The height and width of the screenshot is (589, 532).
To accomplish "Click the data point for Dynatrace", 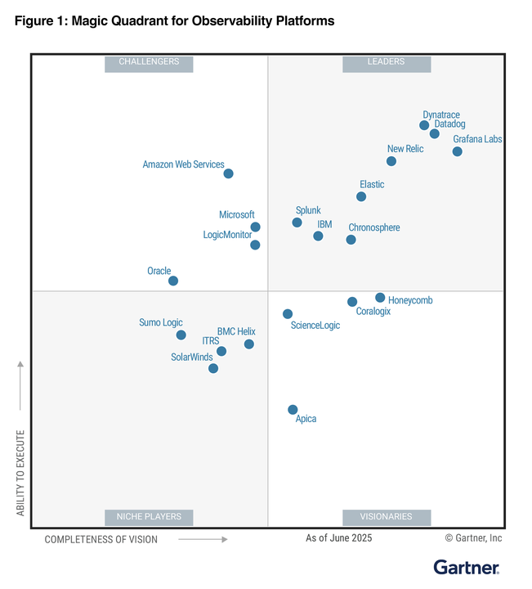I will pyautogui.click(x=424, y=125).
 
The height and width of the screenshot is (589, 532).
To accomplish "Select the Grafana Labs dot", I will pyautogui.click(x=457, y=151).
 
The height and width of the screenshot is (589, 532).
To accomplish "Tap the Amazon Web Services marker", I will pyautogui.click(x=228, y=173).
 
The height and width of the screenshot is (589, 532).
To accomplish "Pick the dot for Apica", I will pyautogui.click(x=293, y=409).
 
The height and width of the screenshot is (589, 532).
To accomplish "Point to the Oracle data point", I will pyautogui.click(x=173, y=281).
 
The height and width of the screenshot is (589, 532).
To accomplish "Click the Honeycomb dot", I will pyautogui.click(x=380, y=298).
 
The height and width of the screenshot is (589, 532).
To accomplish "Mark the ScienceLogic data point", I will pyautogui.click(x=288, y=313).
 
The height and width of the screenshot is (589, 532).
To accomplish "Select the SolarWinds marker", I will pyautogui.click(x=213, y=368).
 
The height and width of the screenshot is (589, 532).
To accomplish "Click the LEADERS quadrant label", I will pyautogui.click(x=386, y=62).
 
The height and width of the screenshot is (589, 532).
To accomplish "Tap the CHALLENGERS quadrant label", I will pyautogui.click(x=149, y=62).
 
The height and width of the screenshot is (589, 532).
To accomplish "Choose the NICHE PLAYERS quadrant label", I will pyautogui.click(x=149, y=517).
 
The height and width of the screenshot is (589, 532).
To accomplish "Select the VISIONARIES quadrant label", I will pyautogui.click(x=386, y=517).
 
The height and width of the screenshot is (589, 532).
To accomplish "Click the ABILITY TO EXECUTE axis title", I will pyautogui.click(x=21, y=472).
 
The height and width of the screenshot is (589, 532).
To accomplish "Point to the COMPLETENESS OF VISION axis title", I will pyautogui.click(x=101, y=539).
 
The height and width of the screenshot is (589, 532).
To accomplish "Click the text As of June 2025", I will pyautogui.click(x=338, y=538).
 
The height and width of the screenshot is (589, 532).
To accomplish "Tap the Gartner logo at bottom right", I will pyautogui.click(x=466, y=567).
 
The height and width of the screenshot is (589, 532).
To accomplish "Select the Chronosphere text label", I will pyautogui.click(x=374, y=227).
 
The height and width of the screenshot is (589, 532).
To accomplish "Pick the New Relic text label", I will pyautogui.click(x=405, y=149).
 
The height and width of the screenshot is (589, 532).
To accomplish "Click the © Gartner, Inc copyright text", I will pyautogui.click(x=473, y=538).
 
